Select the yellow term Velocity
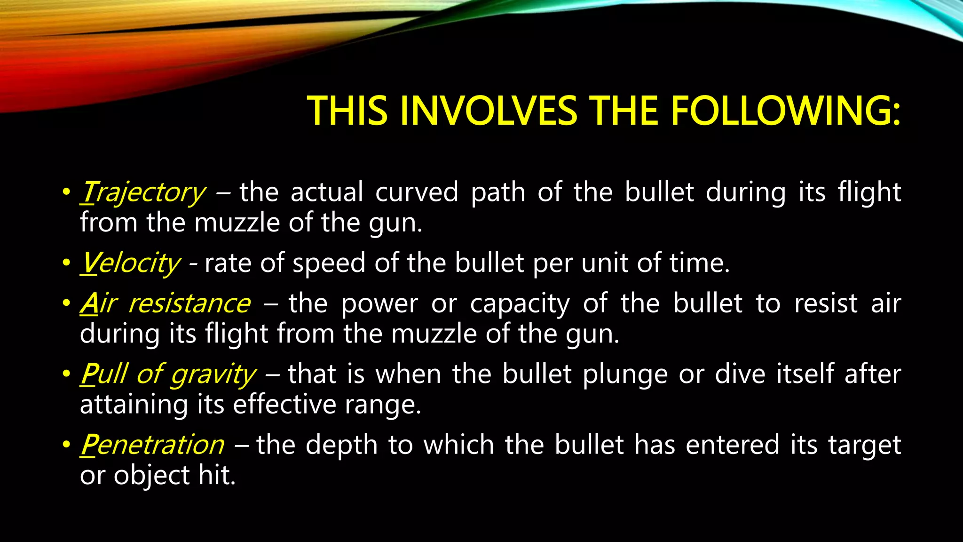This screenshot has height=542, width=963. click(x=130, y=263)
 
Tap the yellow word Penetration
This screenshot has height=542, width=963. click(x=152, y=445)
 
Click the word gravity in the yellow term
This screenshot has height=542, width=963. click(x=213, y=375)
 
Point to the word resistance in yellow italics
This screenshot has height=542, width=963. click(x=189, y=303)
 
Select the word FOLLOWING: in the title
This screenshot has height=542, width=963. click(x=785, y=111)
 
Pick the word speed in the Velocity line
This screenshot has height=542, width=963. click(x=329, y=263)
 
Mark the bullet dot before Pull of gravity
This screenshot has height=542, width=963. click(x=66, y=375)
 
